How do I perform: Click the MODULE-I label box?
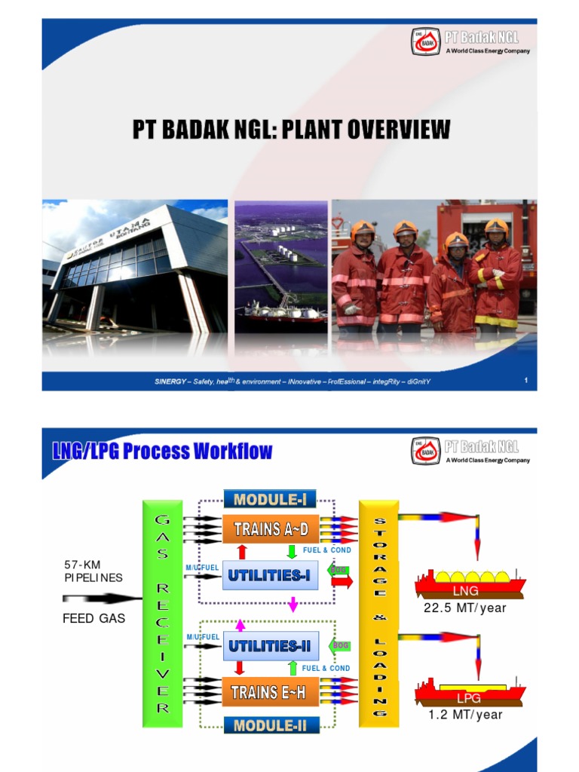269,500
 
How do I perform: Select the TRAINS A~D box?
270,528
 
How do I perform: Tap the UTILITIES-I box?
269,576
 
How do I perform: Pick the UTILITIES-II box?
269,645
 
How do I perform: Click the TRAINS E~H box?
270,691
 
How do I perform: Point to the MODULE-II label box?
269,725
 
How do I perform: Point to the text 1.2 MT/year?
465,715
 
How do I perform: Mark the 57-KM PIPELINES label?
93,571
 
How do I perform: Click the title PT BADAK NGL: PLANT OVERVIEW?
291,130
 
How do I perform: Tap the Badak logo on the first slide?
424,41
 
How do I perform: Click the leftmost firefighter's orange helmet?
363,228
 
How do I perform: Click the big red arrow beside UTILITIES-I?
342,582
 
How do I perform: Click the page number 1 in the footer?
525,381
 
